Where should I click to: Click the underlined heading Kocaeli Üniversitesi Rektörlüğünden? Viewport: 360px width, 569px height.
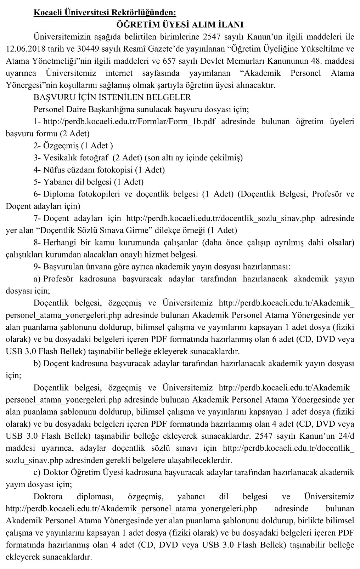105,13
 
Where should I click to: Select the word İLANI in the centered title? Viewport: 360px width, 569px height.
228,25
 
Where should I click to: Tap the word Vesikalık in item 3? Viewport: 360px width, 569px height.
58,158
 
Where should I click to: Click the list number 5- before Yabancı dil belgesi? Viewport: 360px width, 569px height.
37,182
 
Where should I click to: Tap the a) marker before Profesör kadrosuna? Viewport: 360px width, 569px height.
37,279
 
